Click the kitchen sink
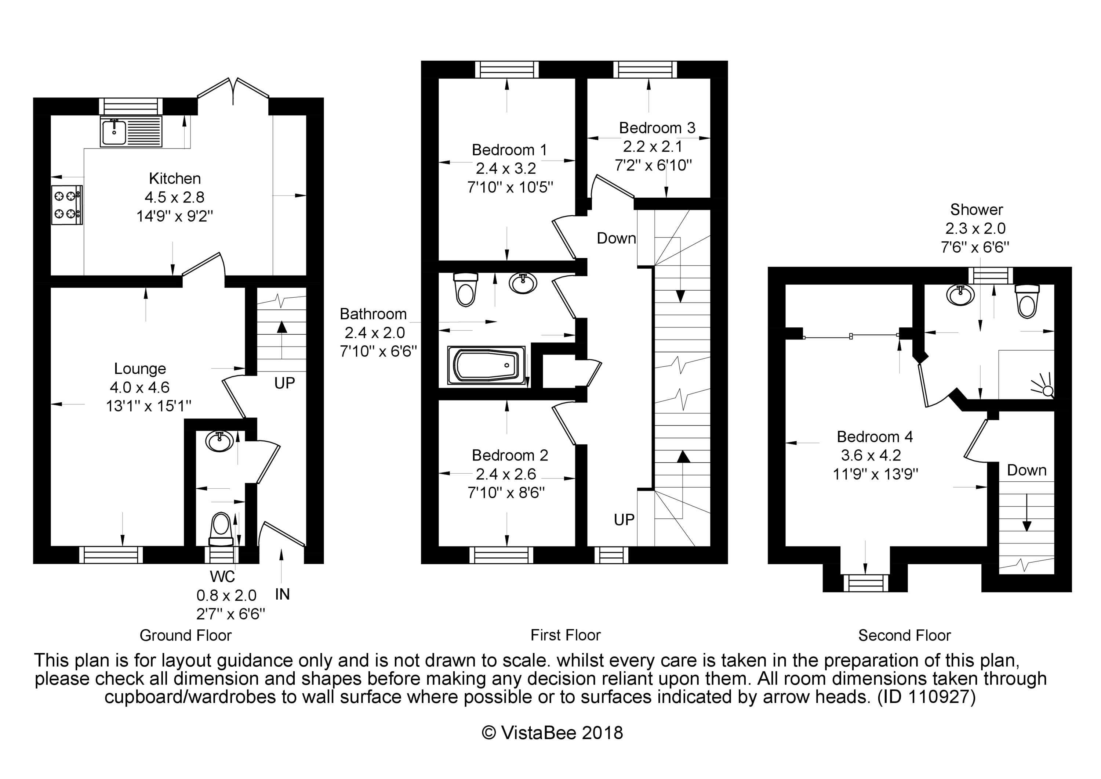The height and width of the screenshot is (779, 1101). pos(114,133)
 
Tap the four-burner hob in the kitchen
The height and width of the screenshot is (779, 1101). pos(67,205)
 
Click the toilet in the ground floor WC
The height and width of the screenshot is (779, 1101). pos(221,528)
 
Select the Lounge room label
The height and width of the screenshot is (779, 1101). pos(140,369)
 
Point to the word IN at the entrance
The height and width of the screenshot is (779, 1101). pos(283,594)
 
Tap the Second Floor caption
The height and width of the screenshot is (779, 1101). pos(904,635)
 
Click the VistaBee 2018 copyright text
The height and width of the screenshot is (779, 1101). pos(552,733)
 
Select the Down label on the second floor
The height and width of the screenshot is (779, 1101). pos(1026,470)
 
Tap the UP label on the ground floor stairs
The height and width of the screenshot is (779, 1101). pos(284,383)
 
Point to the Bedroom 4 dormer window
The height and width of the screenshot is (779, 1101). pos(865,583)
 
